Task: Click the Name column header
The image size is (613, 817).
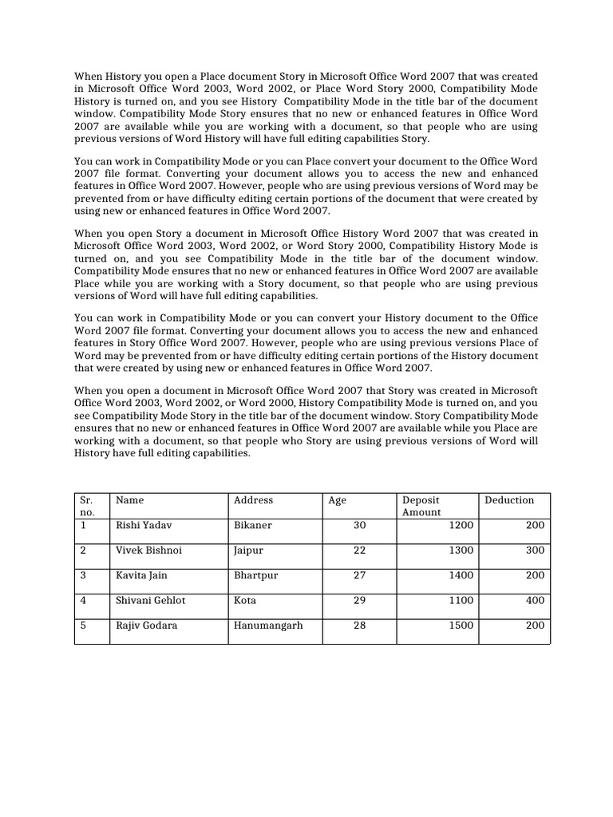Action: click(129, 500)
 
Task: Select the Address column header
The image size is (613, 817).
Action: click(253, 500)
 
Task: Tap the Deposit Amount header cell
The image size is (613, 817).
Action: click(421, 506)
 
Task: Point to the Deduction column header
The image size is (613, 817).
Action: click(509, 500)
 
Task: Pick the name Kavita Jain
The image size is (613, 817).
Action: click(142, 575)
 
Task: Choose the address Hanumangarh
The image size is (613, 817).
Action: click(268, 626)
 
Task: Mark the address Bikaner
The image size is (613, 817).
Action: click(252, 525)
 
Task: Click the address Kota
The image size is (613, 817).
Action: click(245, 600)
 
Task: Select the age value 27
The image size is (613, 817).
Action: click(359, 575)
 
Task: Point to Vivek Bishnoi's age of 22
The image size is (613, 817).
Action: click(359, 551)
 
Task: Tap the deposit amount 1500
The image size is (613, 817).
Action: click(461, 626)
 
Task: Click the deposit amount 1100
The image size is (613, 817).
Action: click(461, 600)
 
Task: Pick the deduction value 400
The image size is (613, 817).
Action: click(535, 600)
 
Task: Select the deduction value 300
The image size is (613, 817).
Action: click(535, 551)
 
